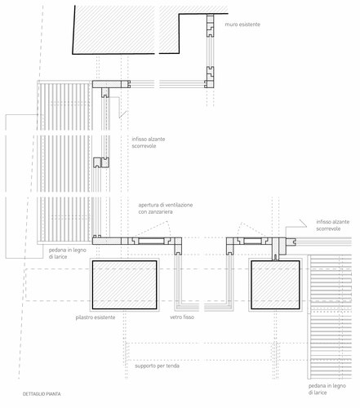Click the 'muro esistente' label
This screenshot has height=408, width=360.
pyautogui.click(x=242, y=24)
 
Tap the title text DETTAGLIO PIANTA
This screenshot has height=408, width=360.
pyautogui.click(x=42, y=394)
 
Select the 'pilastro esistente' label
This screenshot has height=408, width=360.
pyautogui.click(x=96, y=317)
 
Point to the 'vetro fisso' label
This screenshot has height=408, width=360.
pyautogui.click(x=182, y=317)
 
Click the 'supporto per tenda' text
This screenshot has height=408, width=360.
pyautogui.click(x=157, y=366)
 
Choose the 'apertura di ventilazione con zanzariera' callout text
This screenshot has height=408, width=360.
pyautogui.click(x=166, y=208)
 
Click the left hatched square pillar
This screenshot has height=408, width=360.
pyautogui.click(x=124, y=285)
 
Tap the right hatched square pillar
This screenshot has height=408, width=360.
pyautogui.click(x=275, y=285)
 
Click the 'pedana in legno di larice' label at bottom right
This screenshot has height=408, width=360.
pyautogui.click(x=327, y=389)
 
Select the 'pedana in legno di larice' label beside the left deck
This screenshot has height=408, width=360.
pyautogui.click(x=68, y=253)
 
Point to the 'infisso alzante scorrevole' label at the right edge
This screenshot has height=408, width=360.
pyautogui.click(x=332, y=225)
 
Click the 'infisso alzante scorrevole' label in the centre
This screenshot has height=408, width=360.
pyautogui.click(x=149, y=143)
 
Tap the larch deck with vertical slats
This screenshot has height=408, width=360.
pyautogui.click(x=64, y=162)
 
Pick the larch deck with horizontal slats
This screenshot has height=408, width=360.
pyautogui.click(x=330, y=317)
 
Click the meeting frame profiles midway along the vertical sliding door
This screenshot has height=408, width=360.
pyautogui.click(x=101, y=162)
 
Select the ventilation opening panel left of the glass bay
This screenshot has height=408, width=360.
pyautogui.click(x=151, y=241)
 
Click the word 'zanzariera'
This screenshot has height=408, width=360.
pyautogui.click(x=155, y=212)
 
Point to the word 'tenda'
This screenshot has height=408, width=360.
pyautogui.click(x=172, y=366)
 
